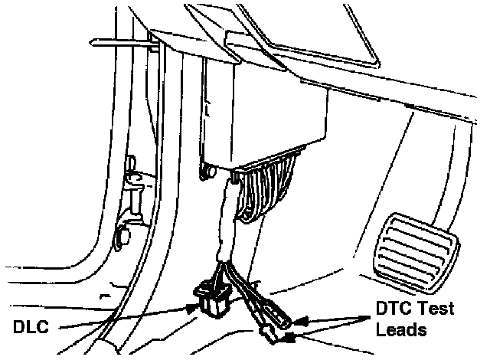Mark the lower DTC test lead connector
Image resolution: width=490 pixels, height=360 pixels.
[x=270, y=333]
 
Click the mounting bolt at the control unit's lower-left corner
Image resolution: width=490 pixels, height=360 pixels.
[x=204, y=172]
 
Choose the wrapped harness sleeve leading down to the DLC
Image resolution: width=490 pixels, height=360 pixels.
[x=225, y=222]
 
